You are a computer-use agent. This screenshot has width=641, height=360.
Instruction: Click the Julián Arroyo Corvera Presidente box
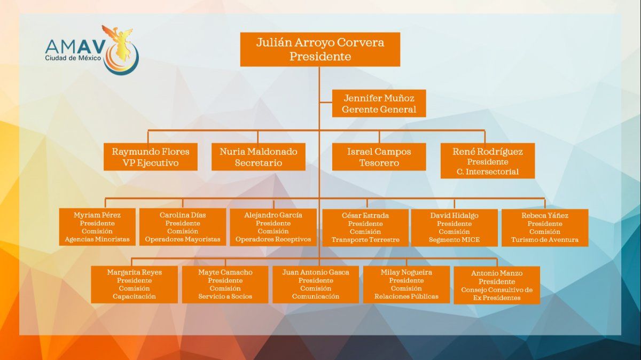319,49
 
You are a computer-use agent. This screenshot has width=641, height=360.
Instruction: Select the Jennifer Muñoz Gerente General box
379,104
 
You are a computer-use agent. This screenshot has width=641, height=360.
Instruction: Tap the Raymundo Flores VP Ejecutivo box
151,157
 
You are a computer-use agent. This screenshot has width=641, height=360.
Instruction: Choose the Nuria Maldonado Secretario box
259,157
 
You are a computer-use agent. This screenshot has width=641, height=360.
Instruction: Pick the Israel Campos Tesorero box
379,157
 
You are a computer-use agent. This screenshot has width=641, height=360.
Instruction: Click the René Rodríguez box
488,161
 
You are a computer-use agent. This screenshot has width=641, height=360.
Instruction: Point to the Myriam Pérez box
97,227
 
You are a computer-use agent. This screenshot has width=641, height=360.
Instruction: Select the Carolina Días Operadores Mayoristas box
183,227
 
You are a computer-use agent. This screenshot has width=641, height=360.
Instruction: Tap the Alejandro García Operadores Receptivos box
273,227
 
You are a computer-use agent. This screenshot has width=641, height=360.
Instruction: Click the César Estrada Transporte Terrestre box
365,228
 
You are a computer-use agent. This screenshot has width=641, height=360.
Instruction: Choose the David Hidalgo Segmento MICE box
455,228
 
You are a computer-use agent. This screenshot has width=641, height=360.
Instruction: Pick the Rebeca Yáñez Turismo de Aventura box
545,228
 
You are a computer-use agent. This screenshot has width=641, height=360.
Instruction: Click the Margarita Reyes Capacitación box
135,284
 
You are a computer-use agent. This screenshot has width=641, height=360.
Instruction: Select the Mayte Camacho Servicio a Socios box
225,284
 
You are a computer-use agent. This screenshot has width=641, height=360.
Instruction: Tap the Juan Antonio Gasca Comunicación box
316,284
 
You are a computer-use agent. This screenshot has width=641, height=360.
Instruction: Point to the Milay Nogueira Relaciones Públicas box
407,284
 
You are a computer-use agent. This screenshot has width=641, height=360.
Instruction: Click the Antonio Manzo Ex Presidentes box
497,285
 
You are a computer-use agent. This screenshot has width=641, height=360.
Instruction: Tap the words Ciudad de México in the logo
73,58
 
